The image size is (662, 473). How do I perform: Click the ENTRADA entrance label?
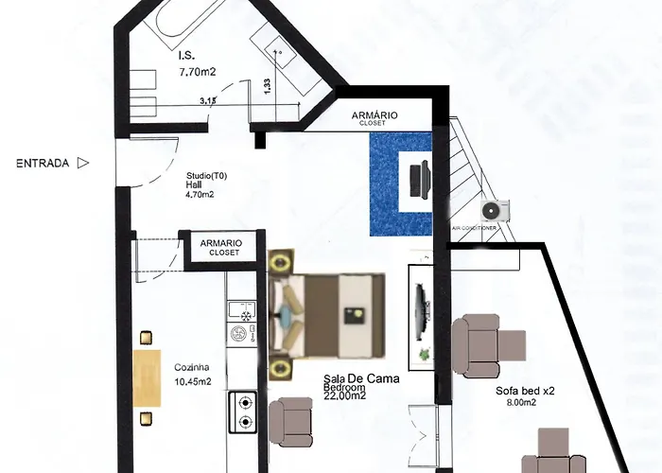(x=43, y=163)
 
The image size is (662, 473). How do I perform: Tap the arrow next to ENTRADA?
(x=83, y=163)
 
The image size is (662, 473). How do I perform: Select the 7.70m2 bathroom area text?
(x=198, y=72)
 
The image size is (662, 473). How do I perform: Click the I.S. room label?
(x=186, y=55)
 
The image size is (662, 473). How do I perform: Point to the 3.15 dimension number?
(x=208, y=100)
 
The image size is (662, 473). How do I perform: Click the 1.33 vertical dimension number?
(x=267, y=87)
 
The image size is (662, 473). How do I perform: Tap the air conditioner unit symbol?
(x=495, y=210)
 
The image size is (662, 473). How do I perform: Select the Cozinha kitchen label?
(x=192, y=367)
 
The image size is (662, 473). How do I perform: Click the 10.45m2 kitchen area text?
(x=193, y=382)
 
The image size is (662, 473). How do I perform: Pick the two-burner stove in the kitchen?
(x=244, y=412)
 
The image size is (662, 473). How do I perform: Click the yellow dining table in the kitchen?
(x=147, y=378)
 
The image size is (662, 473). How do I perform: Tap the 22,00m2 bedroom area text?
(x=345, y=395)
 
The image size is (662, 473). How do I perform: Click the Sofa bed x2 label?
(x=525, y=391)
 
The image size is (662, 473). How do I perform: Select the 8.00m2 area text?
(x=521, y=402)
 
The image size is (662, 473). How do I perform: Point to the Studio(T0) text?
(x=206, y=176)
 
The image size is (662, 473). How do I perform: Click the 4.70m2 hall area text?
(x=200, y=194)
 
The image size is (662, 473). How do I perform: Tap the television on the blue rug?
(x=420, y=180)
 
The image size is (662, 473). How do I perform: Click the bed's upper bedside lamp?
(x=280, y=263)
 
